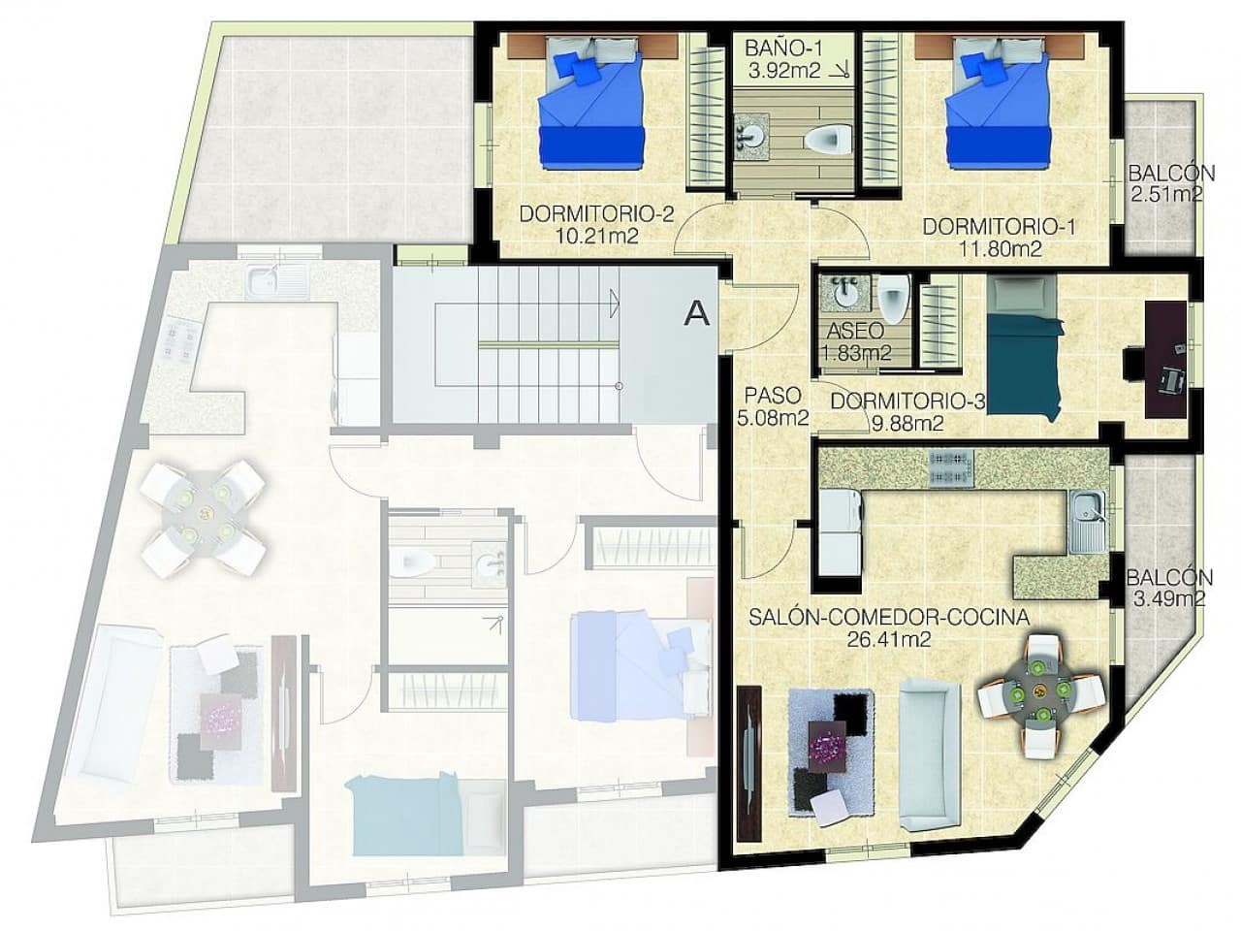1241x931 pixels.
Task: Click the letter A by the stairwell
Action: [x=696, y=312]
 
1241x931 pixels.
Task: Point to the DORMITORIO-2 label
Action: [x=596, y=214]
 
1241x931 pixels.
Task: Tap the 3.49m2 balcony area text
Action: [x=1168, y=598]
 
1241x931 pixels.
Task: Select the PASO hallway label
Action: [x=773, y=396]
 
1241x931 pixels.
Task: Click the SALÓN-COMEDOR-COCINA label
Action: [x=889, y=616]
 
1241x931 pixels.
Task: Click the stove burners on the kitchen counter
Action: [x=951, y=467]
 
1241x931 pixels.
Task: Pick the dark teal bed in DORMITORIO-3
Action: [x=1022, y=345]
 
